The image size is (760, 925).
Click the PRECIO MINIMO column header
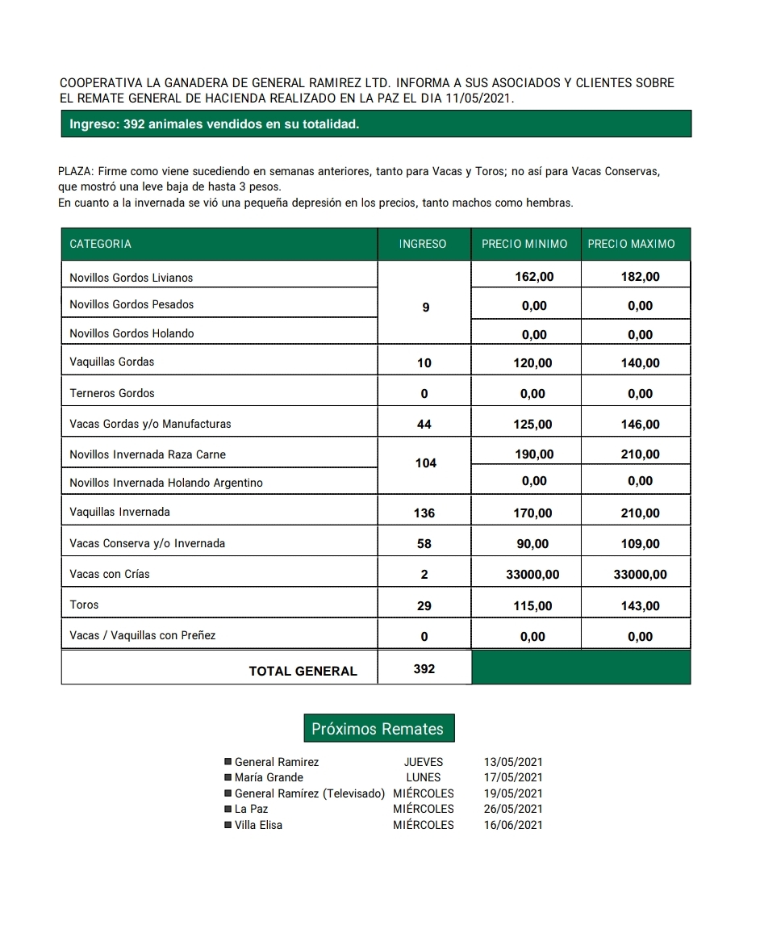click(x=524, y=244)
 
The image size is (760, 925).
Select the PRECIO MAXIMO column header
click(x=631, y=244)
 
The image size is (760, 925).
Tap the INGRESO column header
click(x=423, y=244)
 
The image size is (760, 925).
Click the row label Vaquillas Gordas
click(x=112, y=362)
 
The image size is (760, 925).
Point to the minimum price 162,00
click(x=534, y=277)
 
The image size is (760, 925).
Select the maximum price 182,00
click(x=640, y=277)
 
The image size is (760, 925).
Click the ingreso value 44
click(x=424, y=425)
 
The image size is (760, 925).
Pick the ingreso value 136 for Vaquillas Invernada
click(x=424, y=513)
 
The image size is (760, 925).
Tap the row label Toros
click(x=84, y=605)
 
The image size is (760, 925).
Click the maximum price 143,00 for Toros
click(x=640, y=606)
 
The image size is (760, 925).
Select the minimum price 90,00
click(x=532, y=544)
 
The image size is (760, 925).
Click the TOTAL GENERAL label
click(x=303, y=671)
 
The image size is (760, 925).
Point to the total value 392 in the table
click(x=424, y=669)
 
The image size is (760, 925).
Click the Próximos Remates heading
click(x=378, y=729)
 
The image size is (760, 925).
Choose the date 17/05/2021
click(x=513, y=777)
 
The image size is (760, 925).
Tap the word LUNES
click(x=424, y=777)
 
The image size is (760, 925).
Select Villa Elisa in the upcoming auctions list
click(x=258, y=825)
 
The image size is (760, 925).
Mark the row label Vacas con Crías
click(x=110, y=574)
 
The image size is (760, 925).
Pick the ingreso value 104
click(x=425, y=463)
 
